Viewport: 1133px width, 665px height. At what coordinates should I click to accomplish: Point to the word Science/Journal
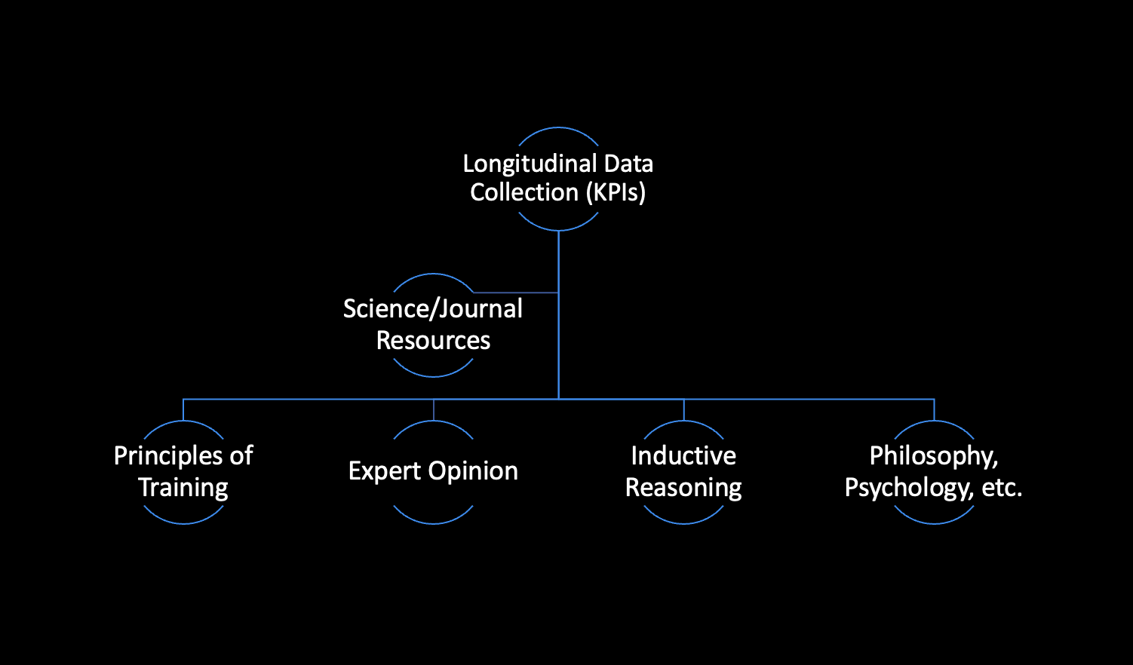click(433, 309)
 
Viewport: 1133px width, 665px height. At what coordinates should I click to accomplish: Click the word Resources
click(433, 341)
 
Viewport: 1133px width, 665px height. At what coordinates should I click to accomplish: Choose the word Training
click(183, 488)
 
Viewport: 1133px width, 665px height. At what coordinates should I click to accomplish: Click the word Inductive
click(683, 456)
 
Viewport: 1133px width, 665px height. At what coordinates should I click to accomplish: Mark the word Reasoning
click(683, 488)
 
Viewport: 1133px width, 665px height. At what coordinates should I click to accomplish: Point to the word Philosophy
click(933, 456)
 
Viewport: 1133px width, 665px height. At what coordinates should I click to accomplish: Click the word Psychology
click(908, 488)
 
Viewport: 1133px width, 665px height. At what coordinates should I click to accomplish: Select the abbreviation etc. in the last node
click(1002, 488)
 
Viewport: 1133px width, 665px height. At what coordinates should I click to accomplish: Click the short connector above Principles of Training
click(183, 409)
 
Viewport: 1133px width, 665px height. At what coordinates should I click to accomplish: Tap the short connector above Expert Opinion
click(434, 409)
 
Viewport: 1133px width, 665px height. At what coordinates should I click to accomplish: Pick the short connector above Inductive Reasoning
click(684, 409)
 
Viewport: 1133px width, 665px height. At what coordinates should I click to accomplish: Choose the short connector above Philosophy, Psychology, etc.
click(935, 409)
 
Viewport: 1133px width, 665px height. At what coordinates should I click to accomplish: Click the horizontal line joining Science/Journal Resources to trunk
click(516, 293)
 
